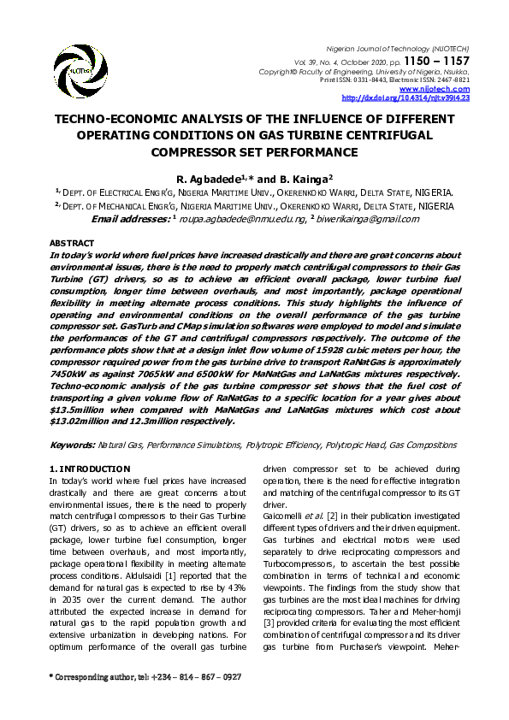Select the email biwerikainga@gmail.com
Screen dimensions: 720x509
click(x=370, y=220)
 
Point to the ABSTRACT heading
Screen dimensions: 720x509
click(x=72, y=244)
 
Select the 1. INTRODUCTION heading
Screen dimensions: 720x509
click(x=90, y=469)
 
